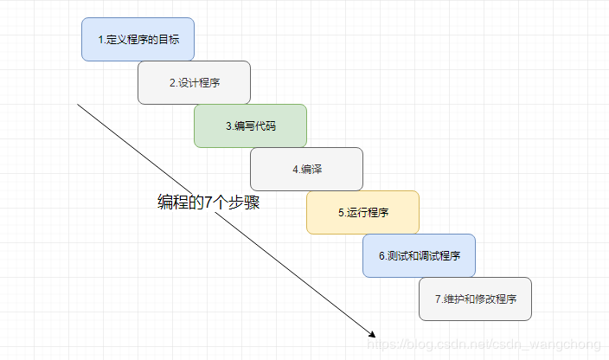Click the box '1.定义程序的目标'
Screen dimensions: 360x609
[x=138, y=40]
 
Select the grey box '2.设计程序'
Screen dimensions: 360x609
[x=194, y=83]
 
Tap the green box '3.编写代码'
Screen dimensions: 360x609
[x=250, y=126]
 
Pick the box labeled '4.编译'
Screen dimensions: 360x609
[x=306, y=170]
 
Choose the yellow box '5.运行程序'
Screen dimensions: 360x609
[x=362, y=213]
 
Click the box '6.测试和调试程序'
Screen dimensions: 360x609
[x=419, y=256]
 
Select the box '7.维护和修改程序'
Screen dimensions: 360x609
[x=475, y=299]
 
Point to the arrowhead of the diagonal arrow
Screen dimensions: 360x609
[x=373, y=335]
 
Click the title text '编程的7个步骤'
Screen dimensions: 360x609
[x=208, y=202]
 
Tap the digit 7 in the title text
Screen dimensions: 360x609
[x=208, y=202]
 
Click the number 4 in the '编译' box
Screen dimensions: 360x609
[x=295, y=170]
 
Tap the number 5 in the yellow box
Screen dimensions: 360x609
[x=341, y=213]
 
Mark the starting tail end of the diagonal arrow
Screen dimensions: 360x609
[x=78, y=105]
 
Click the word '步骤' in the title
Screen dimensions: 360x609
[x=246, y=202]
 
